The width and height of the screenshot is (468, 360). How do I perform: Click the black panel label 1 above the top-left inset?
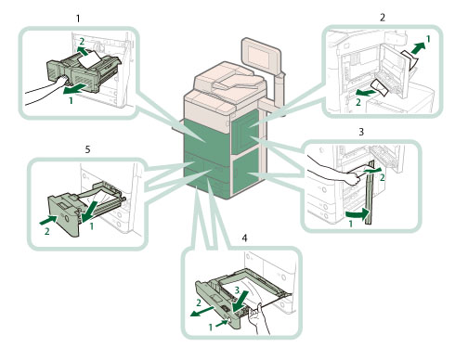click(x=78, y=19)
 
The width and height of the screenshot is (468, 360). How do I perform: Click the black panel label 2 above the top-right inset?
click(x=383, y=18)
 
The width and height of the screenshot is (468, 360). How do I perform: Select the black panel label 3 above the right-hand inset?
click(x=361, y=132)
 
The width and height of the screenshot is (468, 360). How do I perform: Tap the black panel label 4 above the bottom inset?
click(x=244, y=238)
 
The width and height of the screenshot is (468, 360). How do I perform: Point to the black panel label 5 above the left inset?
click(x=87, y=149)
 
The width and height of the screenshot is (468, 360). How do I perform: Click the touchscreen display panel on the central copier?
click(x=262, y=57)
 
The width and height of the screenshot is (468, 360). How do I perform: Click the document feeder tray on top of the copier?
click(x=235, y=81)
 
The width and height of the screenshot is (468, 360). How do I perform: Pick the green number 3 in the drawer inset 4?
click(x=237, y=290)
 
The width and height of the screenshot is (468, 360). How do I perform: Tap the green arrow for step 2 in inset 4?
click(x=201, y=312)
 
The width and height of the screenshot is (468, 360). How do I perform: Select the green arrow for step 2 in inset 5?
click(x=48, y=220)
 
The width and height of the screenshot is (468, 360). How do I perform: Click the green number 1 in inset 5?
click(x=92, y=226)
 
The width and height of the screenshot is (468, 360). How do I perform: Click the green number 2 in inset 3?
click(x=383, y=177)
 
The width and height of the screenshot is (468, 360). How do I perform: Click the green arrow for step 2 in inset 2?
click(x=366, y=92)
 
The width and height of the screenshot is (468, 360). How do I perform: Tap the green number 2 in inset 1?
click(x=82, y=42)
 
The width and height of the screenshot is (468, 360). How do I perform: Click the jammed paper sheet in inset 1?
click(x=90, y=58)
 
